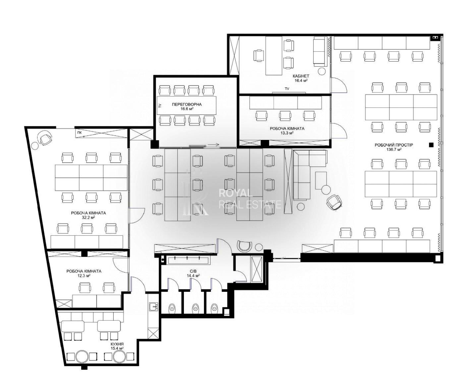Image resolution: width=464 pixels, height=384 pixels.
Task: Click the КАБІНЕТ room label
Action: click(301, 76)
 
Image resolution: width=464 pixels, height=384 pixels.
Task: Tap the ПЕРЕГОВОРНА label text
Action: click(187, 104)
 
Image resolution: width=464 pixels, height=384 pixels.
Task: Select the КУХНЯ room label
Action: click(117, 344)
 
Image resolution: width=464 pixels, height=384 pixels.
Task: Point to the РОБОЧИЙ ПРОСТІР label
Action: click(394, 145)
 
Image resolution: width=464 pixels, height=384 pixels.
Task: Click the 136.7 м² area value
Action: click(394, 150)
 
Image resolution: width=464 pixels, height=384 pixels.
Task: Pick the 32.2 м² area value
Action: click(88, 218)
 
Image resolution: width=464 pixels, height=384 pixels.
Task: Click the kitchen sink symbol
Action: click(153, 307)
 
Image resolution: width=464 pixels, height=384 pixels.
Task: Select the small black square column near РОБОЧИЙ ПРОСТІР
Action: click(431, 145)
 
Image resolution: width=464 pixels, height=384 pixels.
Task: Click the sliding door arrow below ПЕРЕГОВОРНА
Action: click(214, 145)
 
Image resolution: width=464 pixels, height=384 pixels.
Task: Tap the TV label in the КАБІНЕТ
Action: click(287, 89)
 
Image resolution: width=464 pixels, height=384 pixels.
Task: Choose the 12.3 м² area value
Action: click(84, 276)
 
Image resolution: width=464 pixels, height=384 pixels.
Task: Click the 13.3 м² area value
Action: click(287, 133)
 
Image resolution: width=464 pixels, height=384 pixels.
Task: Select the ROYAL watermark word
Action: click(236, 193)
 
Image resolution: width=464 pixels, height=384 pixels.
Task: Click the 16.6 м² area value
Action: click(187, 109)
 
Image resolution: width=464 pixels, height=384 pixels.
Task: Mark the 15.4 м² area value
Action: click(117, 349)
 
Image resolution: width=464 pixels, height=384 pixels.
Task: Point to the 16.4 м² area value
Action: click(301, 81)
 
